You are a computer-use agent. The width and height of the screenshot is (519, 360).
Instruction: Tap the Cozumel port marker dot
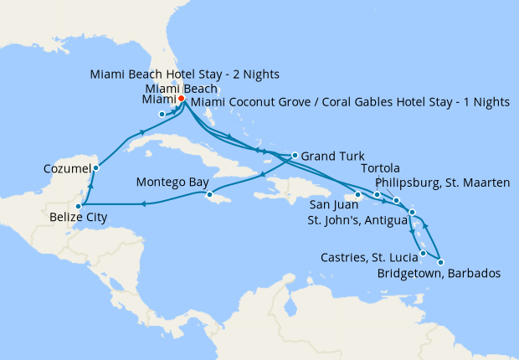pos(96,168)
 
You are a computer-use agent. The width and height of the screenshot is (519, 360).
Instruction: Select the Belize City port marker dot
pos(78,205)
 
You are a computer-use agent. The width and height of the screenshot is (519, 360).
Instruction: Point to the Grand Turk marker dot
pos(295,155)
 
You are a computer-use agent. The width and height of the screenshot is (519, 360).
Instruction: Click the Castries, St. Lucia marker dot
pos(423,253)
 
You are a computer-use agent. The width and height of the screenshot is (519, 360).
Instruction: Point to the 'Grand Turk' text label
pos(330,156)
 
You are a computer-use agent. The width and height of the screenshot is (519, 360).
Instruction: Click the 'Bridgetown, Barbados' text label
pos(438,274)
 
